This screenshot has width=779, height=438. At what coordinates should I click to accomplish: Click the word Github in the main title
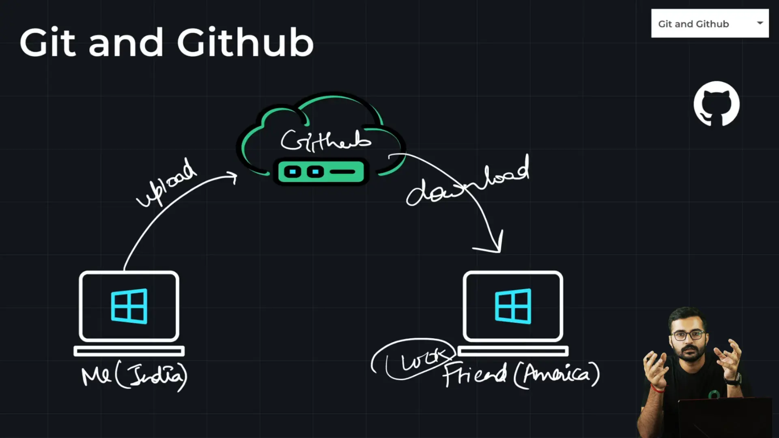tap(245, 43)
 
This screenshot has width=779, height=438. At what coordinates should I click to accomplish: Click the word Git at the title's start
tap(47, 43)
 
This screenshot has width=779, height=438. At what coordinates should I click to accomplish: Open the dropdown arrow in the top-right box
tap(760, 23)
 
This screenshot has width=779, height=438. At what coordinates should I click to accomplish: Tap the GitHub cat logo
tap(717, 104)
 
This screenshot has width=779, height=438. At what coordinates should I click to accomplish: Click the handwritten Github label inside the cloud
tap(326, 141)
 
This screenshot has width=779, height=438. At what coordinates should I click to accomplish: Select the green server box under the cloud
tap(321, 172)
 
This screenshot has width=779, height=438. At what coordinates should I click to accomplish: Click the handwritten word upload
tap(166, 182)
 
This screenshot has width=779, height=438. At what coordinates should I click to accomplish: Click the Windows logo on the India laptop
tap(129, 306)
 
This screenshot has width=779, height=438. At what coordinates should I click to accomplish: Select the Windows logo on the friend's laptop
tap(513, 306)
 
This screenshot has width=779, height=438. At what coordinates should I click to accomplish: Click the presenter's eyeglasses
tap(688, 335)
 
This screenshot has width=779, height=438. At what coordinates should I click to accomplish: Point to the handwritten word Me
tap(96, 376)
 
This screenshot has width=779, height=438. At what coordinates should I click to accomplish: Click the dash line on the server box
tap(343, 172)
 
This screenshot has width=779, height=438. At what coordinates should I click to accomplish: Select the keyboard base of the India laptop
tap(129, 351)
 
